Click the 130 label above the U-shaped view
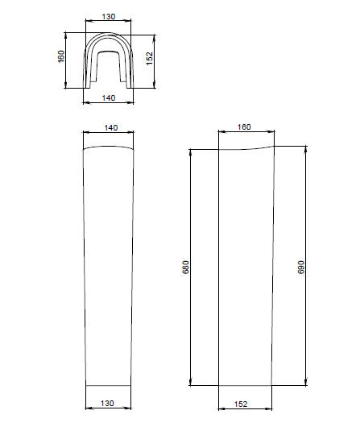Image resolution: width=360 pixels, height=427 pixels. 109,17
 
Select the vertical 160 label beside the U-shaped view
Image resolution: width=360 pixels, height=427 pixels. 61,56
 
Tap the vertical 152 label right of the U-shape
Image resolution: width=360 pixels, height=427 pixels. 150,59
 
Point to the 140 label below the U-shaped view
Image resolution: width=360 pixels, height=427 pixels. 109,97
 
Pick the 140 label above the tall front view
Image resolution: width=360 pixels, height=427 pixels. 111,127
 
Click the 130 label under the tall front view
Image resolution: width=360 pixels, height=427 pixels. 107,403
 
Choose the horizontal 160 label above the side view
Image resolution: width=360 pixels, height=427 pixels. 244,127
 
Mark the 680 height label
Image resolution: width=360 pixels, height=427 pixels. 185,267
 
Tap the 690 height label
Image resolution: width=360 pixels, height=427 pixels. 301,267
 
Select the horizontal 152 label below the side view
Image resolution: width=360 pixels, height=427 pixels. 241,404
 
